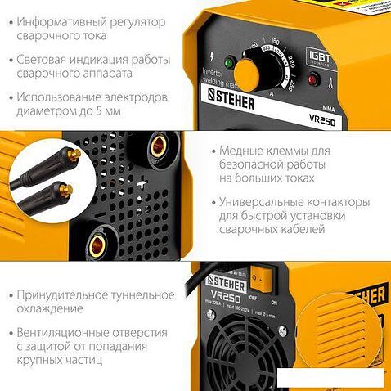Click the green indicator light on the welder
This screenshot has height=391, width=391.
coord(230,63)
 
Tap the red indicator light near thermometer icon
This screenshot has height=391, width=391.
coord(313,79)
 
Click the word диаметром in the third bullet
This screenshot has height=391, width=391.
coord(47,114)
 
